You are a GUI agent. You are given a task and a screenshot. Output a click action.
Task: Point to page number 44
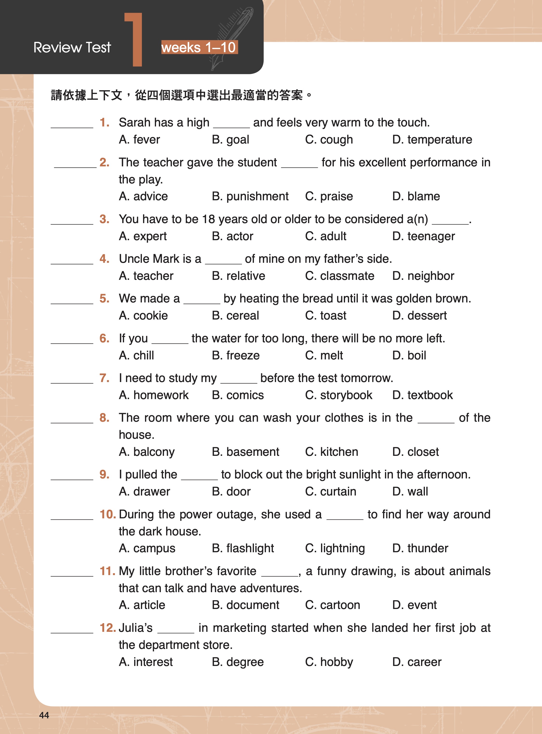click(x=44, y=715)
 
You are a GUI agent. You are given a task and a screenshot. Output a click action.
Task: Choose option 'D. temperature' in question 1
click(x=432, y=140)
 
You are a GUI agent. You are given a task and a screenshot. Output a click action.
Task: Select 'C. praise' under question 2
click(x=329, y=196)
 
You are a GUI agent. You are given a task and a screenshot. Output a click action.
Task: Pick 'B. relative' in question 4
click(x=238, y=276)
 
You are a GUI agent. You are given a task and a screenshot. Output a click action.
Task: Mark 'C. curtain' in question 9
click(x=330, y=492)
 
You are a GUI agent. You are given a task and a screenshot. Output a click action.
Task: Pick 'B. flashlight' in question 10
click(x=243, y=548)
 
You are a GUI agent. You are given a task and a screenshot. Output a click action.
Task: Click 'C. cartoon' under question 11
click(x=332, y=605)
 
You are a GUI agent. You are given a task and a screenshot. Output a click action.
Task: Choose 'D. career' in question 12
click(x=417, y=662)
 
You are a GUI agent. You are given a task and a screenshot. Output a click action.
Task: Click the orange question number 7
click(x=104, y=378)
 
